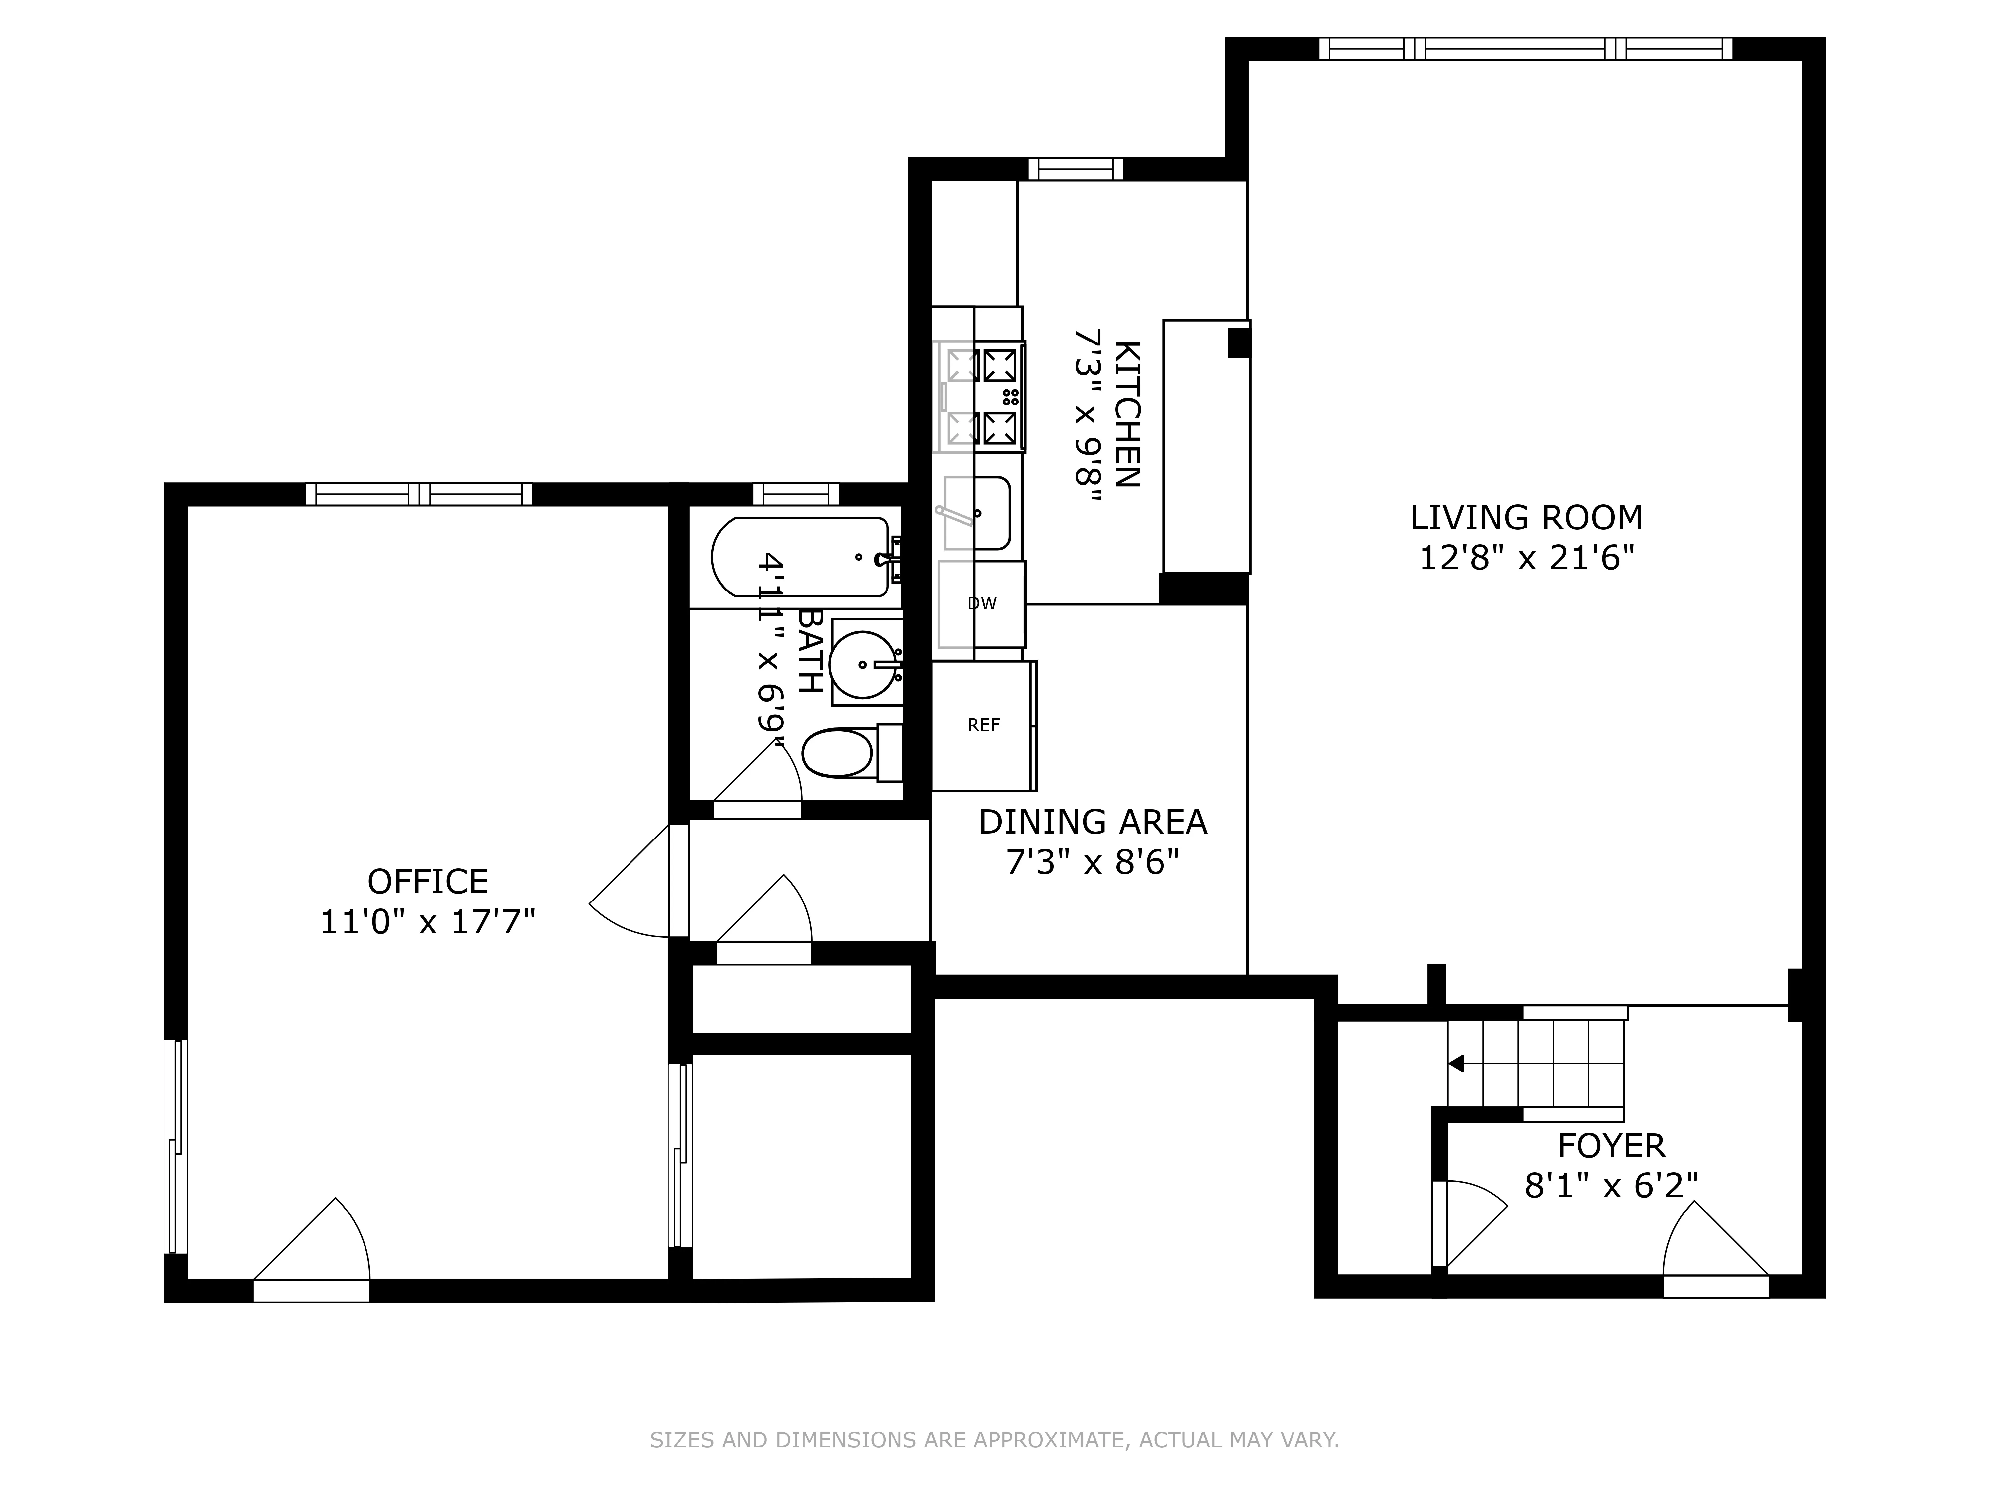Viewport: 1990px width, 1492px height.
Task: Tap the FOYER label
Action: coord(1611,1146)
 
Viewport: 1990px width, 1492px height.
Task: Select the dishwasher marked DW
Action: coord(981,603)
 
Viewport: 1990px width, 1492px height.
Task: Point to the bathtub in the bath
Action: coord(801,557)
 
